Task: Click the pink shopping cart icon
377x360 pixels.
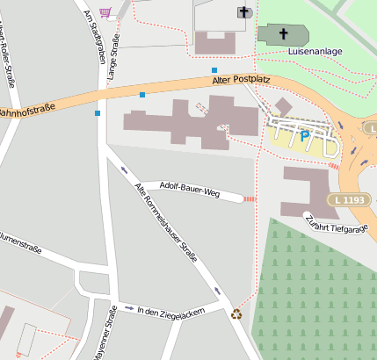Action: pos(105,11)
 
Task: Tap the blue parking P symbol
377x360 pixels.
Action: pos(304,136)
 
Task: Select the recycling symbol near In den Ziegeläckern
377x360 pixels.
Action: pos(236,313)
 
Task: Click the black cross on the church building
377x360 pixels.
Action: pos(283,35)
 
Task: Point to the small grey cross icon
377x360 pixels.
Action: pos(244,11)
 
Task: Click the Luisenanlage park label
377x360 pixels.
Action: pos(315,52)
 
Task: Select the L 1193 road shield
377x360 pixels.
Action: pos(348,200)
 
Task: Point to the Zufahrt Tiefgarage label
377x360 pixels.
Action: pos(336,223)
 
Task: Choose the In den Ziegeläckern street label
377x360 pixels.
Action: pos(171,311)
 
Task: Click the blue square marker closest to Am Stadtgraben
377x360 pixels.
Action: pos(98,112)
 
